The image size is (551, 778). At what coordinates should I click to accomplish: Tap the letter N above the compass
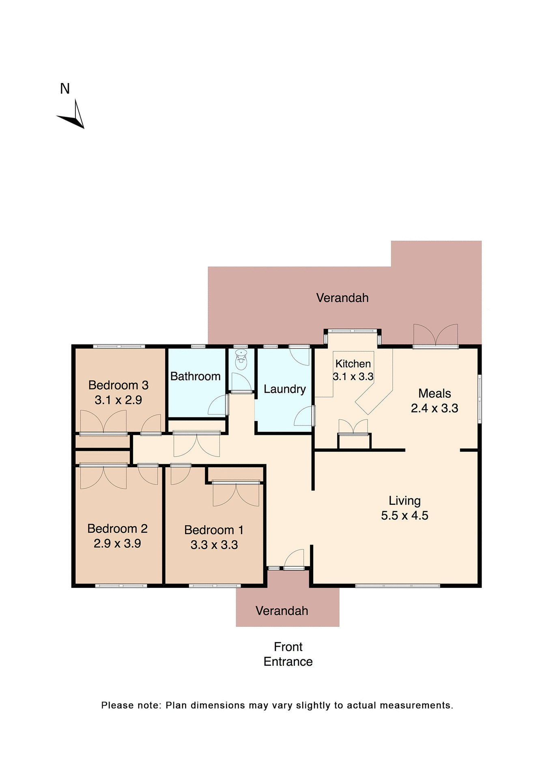(65, 89)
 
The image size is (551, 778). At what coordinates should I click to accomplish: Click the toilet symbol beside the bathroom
(241, 360)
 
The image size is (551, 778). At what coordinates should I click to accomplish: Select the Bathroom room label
(195, 376)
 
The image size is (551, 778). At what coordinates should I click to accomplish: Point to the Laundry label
(284, 389)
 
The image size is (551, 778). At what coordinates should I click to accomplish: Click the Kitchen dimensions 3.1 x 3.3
(353, 377)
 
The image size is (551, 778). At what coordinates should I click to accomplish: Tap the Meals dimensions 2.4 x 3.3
(434, 408)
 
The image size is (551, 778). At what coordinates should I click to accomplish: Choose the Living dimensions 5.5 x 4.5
(405, 515)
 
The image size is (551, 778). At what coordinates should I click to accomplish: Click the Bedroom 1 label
(214, 530)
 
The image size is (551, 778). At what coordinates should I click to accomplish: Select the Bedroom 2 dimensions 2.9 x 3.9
(117, 543)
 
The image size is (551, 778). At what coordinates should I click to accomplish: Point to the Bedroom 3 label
(118, 385)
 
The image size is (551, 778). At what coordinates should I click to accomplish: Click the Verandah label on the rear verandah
(342, 298)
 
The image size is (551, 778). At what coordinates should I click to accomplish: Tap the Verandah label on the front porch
(282, 611)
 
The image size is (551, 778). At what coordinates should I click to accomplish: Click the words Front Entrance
(288, 654)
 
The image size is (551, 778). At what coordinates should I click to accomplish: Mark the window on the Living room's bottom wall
(397, 586)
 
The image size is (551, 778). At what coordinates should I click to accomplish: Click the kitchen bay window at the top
(352, 331)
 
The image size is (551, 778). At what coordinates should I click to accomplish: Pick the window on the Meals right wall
(479, 399)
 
